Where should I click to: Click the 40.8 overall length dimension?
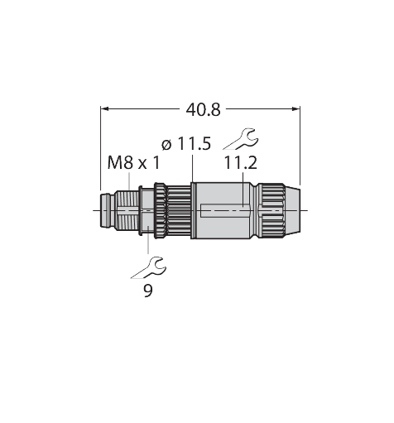tap(204, 110)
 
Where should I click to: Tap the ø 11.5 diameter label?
tap(186, 144)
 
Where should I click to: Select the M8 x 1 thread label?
tap(133, 163)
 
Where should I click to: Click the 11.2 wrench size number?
tap(240, 163)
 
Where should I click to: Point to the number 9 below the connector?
tap(148, 291)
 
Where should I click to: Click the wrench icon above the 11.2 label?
tap(241, 139)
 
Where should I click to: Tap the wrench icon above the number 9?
tap(148, 268)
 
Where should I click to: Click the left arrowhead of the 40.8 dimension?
tap(104, 109)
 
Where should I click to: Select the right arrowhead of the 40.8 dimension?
tap(296, 109)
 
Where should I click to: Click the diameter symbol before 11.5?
tap(166, 145)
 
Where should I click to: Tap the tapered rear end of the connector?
tap(292, 211)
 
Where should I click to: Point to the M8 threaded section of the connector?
tap(127, 211)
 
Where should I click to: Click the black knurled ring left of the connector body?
tap(160, 211)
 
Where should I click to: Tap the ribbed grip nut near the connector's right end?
tap(271, 211)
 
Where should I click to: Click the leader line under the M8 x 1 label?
tap(129, 181)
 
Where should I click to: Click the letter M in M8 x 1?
tap(114, 163)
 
